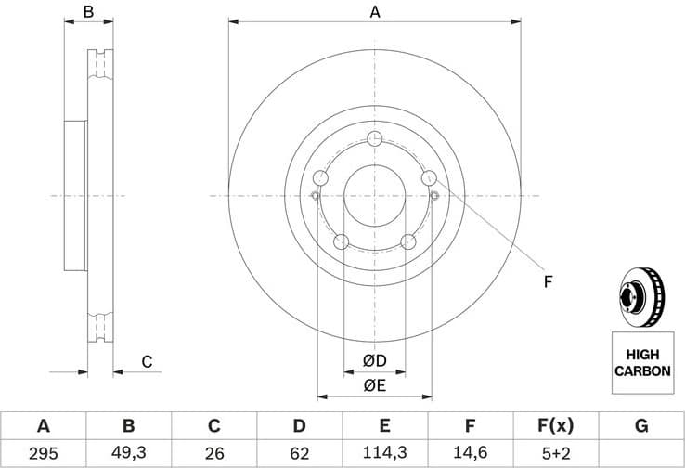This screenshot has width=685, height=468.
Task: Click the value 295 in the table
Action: tap(43, 454)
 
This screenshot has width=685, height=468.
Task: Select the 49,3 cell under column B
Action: tap(128, 454)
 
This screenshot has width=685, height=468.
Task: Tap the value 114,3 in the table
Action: tap(384, 454)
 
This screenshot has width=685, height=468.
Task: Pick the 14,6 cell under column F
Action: tap(470, 454)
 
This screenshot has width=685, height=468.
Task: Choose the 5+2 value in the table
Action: tap(555, 454)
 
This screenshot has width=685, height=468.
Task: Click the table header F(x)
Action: tap(555, 426)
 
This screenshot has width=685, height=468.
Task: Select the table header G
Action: tap(641, 426)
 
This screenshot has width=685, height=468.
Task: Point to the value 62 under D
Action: tap(299, 454)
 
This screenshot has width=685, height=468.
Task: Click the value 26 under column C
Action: tap(213, 454)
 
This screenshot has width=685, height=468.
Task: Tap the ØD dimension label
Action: tap(374, 360)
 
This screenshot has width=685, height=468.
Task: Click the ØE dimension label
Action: tap(374, 385)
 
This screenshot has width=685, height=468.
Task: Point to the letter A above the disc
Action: tap(375, 12)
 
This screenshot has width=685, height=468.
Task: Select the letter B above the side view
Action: tap(89, 12)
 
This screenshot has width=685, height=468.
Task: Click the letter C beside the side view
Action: tap(146, 361)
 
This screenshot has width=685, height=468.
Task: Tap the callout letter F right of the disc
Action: tap(548, 279)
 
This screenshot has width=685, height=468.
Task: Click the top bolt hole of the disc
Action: tap(375, 139)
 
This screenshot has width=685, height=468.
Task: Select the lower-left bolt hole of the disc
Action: tap(341, 242)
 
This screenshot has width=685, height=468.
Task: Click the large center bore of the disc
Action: tap(375, 196)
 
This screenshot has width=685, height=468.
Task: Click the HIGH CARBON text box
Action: tap(641, 362)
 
